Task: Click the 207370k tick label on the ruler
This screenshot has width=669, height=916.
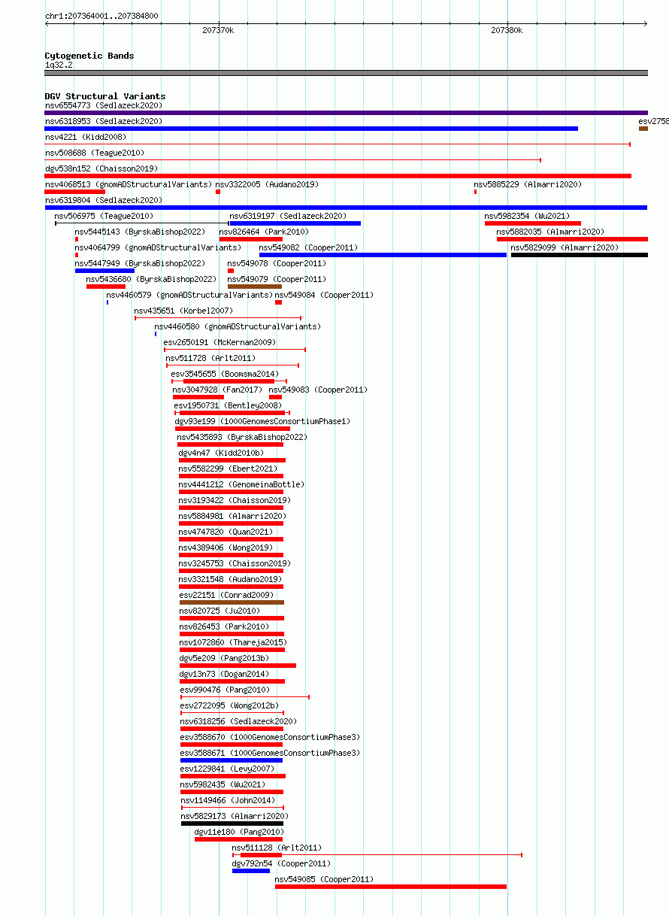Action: click(x=218, y=30)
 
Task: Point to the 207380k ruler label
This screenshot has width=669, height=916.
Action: click(x=507, y=30)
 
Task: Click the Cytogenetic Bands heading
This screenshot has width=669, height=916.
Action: click(x=89, y=56)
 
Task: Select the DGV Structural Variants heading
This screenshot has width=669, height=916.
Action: click(x=105, y=96)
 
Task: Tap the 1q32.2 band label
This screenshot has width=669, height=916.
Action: click(x=59, y=65)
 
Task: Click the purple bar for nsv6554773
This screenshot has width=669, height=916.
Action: click(x=346, y=113)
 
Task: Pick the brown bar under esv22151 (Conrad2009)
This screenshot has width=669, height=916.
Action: click(x=232, y=602)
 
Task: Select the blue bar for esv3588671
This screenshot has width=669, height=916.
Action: click(x=232, y=760)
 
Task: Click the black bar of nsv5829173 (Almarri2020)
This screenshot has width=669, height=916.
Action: click(x=232, y=823)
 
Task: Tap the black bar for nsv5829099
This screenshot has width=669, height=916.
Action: click(x=579, y=255)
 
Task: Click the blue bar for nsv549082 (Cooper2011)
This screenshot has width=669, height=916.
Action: click(x=383, y=255)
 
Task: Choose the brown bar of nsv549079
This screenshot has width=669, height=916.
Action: click(x=255, y=287)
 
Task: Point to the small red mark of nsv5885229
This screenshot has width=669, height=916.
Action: click(x=475, y=192)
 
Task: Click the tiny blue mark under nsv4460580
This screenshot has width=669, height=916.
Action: click(x=156, y=334)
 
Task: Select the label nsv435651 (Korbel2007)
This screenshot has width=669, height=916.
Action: click(x=183, y=311)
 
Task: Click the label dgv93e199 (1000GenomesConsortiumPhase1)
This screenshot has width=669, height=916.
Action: click(x=262, y=421)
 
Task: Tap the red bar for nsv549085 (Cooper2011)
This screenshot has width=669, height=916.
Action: click(x=391, y=887)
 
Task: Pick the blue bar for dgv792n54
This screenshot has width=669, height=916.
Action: click(x=251, y=871)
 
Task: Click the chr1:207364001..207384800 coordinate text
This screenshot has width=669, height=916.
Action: click(x=101, y=16)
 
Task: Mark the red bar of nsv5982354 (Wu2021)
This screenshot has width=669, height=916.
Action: click(x=532, y=223)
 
